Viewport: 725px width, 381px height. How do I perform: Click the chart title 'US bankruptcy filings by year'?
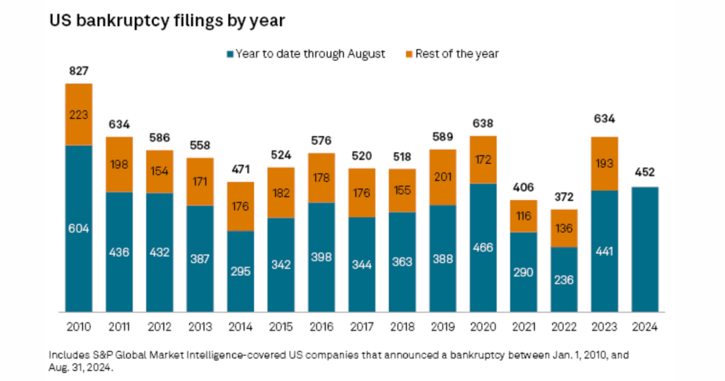tap(167, 21)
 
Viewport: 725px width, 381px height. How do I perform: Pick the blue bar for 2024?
tap(645, 249)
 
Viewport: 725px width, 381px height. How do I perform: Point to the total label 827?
tap(79, 72)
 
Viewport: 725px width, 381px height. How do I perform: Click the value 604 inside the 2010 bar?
tap(79, 228)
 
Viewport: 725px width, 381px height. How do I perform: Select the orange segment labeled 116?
tap(523, 216)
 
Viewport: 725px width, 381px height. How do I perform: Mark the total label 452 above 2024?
tap(645, 173)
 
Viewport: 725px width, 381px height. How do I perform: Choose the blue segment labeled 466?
tap(483, 247)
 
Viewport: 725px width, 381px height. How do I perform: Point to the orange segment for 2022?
tap(564, 228)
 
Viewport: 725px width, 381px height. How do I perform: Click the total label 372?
tap(564, 197)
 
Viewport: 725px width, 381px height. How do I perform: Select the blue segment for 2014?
tap(240, 271)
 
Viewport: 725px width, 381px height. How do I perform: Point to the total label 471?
tap(240, 169)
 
